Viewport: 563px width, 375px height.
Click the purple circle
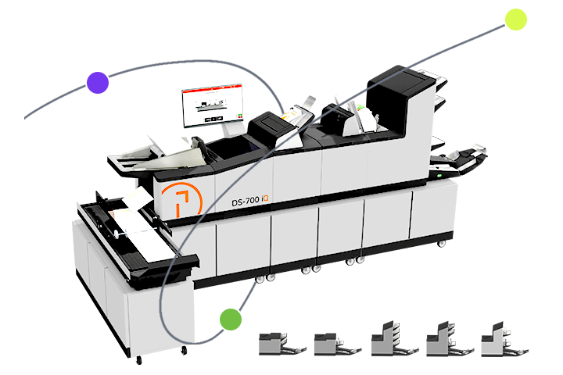pyautogui.click(x=97, y=82)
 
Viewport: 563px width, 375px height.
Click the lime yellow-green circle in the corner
pyautogui.click(x=515, y=20)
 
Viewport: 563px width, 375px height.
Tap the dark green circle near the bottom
pyautogui.click(x=230, y=319)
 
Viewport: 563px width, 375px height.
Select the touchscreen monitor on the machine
pyautogui.click(x=212, y=105)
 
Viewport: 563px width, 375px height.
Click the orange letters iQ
pyautogui.click(x=266, y=201)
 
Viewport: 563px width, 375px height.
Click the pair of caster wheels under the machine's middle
pyautogui.click(x=310, y=270)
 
